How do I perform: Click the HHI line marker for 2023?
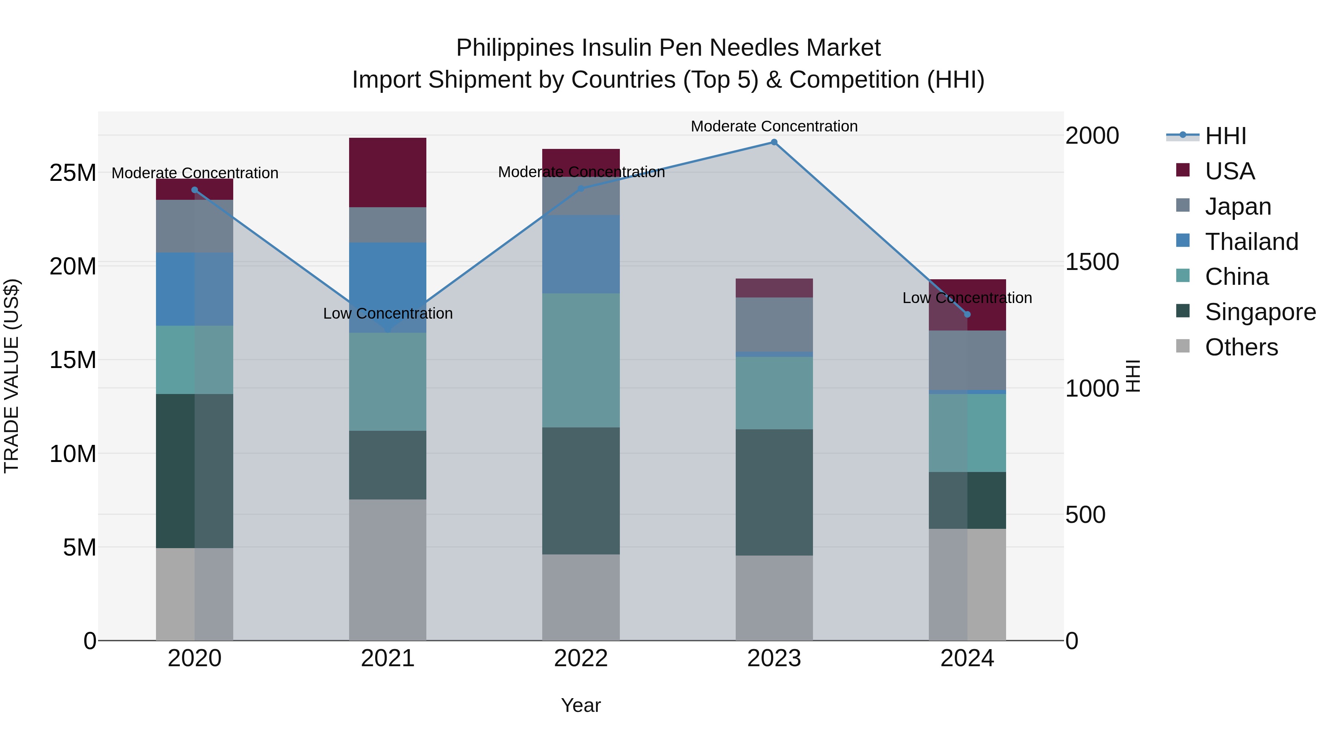[774, 142]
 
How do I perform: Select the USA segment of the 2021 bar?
[388, 172]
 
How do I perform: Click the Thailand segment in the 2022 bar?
[581, 254]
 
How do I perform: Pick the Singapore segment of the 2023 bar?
[774, 492]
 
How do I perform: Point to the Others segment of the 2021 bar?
[388, 570]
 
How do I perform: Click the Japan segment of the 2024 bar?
[967, 360]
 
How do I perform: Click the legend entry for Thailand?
[1251, 242]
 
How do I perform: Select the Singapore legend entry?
[1260, 312]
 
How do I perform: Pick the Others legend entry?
[1241, 348]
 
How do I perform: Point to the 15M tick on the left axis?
[73, 359]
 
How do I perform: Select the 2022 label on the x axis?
[581, 658]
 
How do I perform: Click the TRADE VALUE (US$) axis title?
[12, 376]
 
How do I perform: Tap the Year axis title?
[581, 705]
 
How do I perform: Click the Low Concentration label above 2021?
[388, 313]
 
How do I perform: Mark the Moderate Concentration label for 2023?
[774, 126]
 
